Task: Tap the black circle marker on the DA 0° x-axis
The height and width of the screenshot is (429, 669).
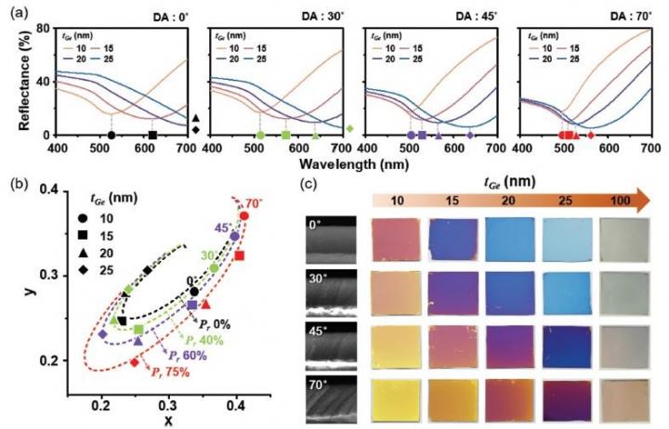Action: point(111,136)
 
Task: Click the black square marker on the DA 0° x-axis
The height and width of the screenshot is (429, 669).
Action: point(152,136)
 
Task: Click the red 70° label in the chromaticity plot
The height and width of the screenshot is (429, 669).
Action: point(253,201)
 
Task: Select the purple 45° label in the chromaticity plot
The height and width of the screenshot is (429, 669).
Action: point(224,227)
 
